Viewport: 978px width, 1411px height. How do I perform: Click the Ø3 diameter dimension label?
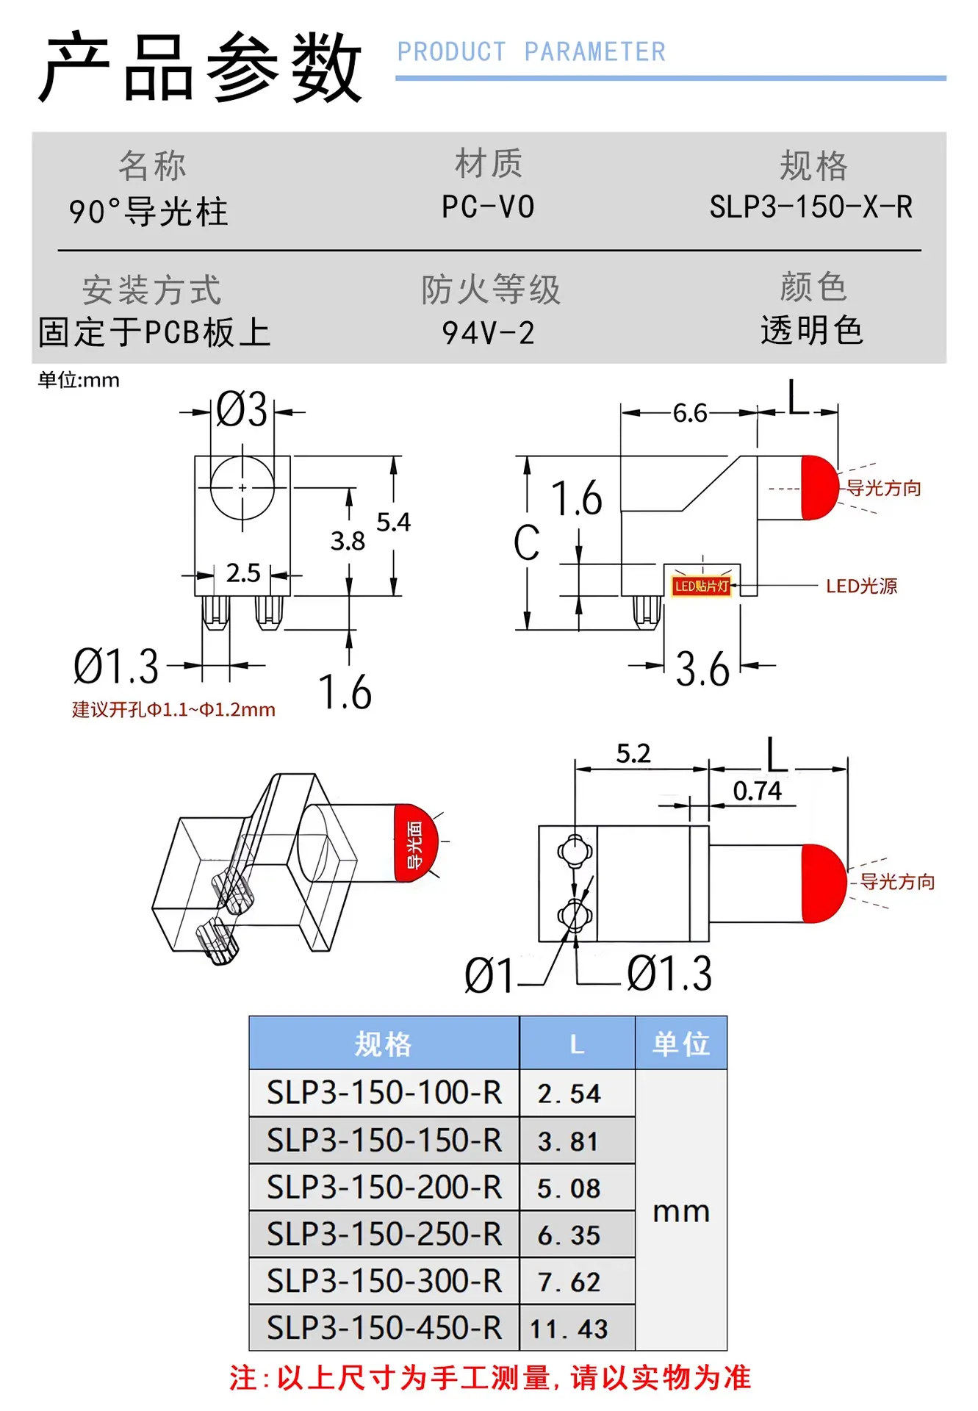pyautogui.click(x=242, y=409)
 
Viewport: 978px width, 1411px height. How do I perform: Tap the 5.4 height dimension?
pyautogui.click(x=394, y=523)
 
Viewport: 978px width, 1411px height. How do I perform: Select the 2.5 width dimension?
pyautogui.click(x=243, y=573)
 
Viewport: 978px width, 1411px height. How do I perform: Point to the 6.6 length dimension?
pyautogui.click(x=690, y=413)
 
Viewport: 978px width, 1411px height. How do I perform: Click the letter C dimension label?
pyautogui.click(x=527, y=544)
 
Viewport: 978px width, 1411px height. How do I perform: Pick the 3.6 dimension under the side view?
pyautogui.click(x=702, y=669)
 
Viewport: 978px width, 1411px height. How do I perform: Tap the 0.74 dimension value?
pyautogui.click(x=758, y=791)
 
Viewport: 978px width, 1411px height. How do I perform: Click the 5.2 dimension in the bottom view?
pyautogui.click(x=633, y=753)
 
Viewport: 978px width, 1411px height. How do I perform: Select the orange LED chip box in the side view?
pyautogui.click(x=702, y=586)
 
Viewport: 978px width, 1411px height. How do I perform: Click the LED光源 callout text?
pyautogui.click(x=862, y=586)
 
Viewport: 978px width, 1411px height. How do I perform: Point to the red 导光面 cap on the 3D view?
pyautogui.click(x=416, y=843)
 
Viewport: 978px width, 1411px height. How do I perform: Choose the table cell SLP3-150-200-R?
pyautogui.click(x=384, y=1187)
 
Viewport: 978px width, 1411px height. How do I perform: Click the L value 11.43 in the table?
pyautogui.click(x=569, y=1329)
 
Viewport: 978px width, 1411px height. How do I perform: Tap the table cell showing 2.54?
pyautogui.click(x=569, y=1094)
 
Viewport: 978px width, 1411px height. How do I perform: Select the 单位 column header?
pyautogui.click(x=681, y=1044)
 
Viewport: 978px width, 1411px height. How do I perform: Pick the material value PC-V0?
pyautogui.click(x=488, y=207)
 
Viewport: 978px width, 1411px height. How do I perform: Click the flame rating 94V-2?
pyautogui.click(x=488, y=333)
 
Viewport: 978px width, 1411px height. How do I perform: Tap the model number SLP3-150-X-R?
pyautogui.click(x=811, y=207)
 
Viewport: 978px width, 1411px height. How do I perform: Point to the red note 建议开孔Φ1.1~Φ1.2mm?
pyautogui.click(x=174, y=710)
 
